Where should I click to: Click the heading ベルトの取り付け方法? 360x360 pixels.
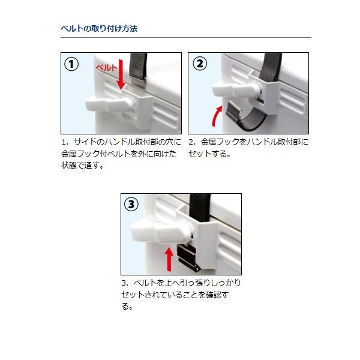coord(100,28)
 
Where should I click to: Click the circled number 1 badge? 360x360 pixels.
coord(72,64)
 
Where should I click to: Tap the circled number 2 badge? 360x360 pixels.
coord(199,64)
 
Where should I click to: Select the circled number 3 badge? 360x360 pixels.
coord(132,205)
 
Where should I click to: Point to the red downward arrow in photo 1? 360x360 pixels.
coord(122,75)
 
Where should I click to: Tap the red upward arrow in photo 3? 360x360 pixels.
coord(169,258)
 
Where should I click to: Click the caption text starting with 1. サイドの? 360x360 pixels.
coord(121,154)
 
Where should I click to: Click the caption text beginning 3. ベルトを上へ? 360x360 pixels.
coord(181,294)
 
